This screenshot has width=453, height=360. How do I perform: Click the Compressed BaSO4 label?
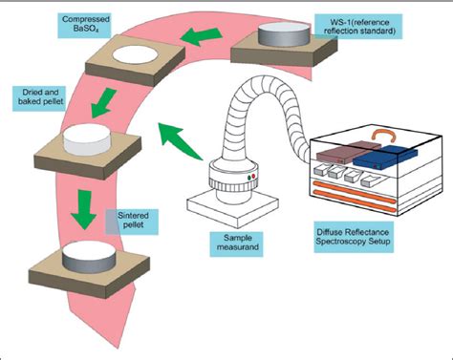[x=84, y=25]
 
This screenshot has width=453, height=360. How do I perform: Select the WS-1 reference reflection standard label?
[x=358, y=27]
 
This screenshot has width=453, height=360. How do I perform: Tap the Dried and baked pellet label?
[x=40, y=97]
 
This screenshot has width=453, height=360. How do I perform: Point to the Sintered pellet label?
[x=133, y=221]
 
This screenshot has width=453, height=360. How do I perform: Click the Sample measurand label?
[x=236, y=244]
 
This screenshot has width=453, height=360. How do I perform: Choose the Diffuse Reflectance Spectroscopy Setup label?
[x=353, y=237]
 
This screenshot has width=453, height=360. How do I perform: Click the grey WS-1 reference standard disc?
[x=284, y=34]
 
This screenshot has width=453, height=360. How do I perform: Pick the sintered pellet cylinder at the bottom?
[x=89, y=257]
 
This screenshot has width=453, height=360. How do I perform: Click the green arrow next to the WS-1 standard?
[x=201, y=36]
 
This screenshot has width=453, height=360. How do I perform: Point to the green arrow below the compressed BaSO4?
[x=103, y=102]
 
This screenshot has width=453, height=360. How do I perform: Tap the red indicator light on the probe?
[x=253, y=177]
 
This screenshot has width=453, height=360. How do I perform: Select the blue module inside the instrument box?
[x=385, y=157]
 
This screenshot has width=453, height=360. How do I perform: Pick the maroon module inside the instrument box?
[x=349, y=151]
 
